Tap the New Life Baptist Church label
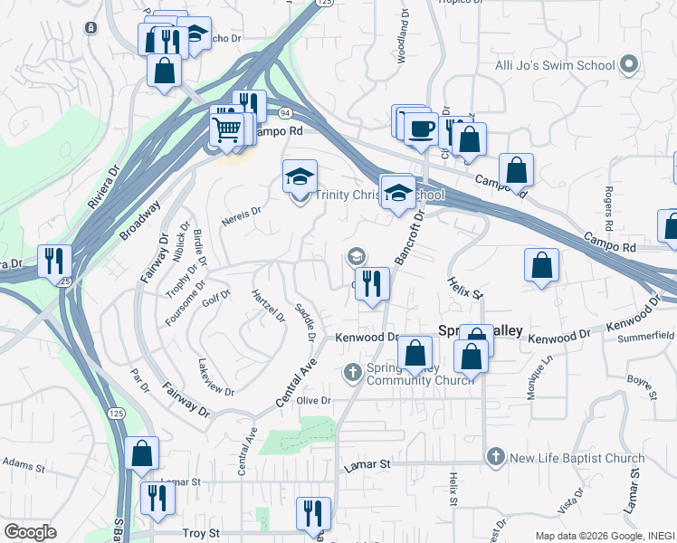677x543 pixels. tap(577, 459)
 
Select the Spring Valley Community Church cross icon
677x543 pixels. tap(354, 371)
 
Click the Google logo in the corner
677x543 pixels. tap(30, 532)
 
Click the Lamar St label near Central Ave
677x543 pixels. tap(367, 464)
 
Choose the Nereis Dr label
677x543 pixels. tap(241, 214)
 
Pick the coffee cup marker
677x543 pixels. tap(420, 129)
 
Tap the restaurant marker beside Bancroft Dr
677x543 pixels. tap(373, 284)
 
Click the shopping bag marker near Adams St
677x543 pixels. tap(142, 454)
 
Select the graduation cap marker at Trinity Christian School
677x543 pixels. tap(300, 177)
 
